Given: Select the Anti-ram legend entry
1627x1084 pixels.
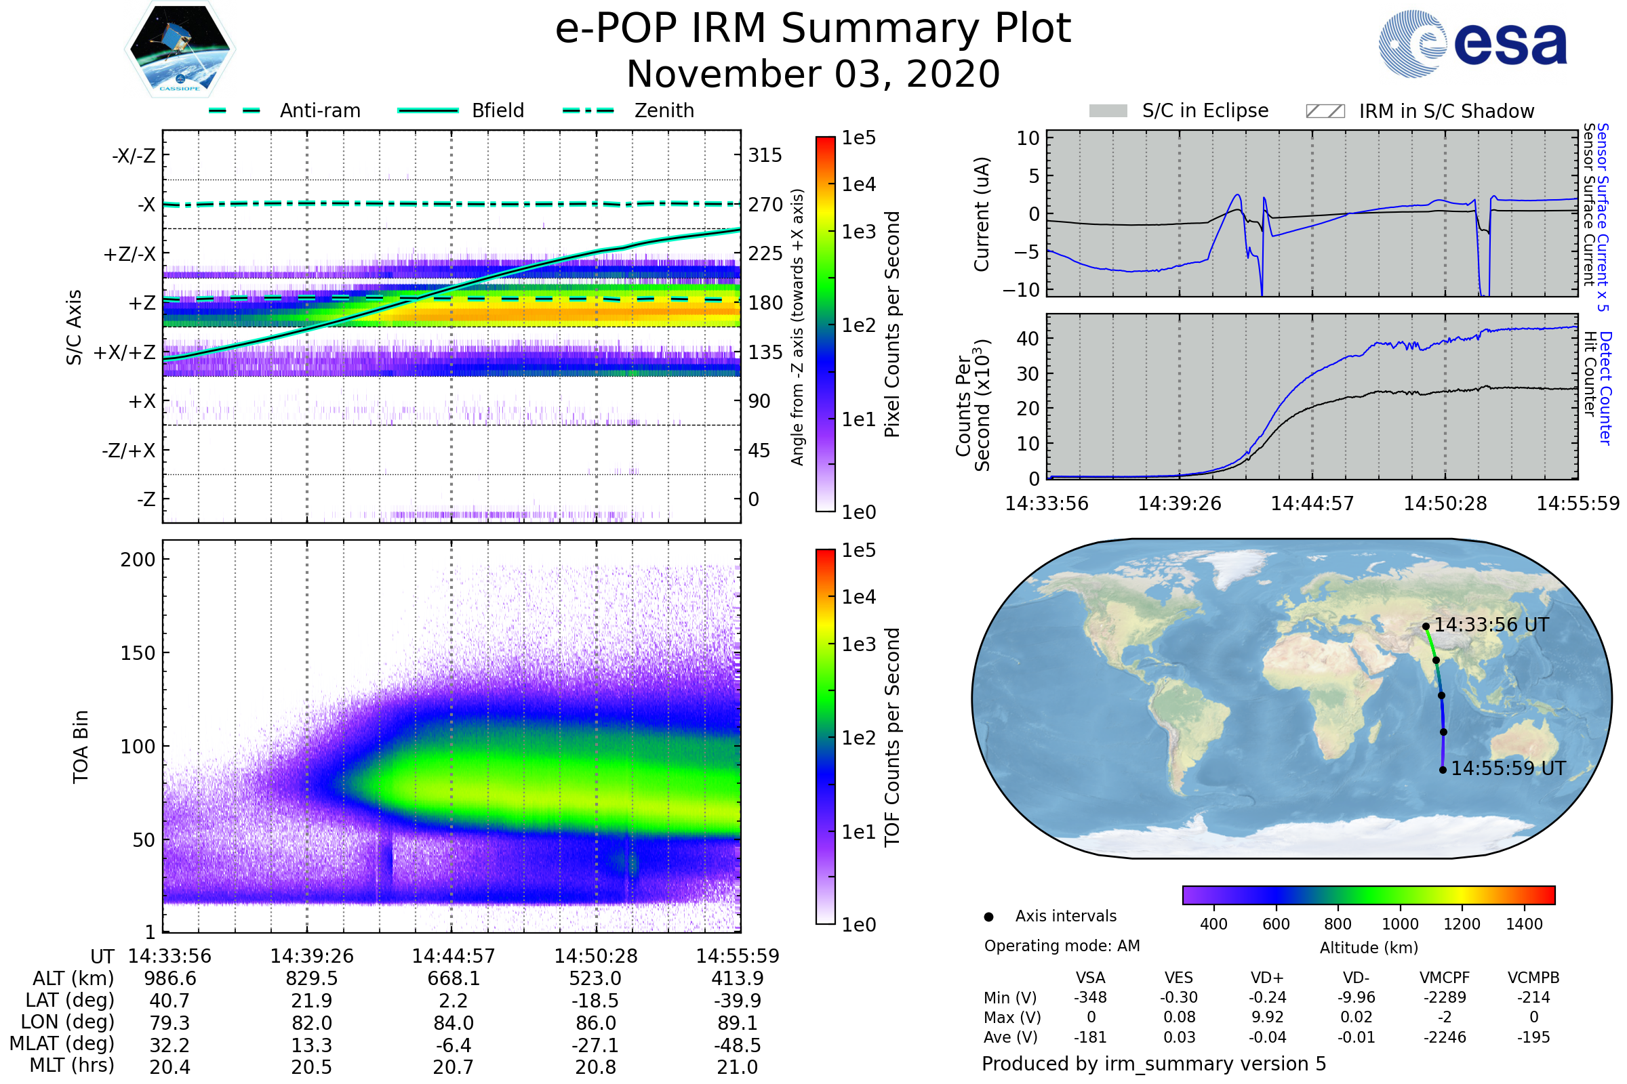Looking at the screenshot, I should pyautogui.click(x=319, y=110).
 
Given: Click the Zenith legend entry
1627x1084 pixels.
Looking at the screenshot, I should pyautogui.click(x=664, y=110).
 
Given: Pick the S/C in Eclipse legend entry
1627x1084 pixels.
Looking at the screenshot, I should pyautogui.click(x=1205, y=111).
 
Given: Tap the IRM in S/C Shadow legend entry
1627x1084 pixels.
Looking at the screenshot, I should pyautogui.click(x=1446, y=111).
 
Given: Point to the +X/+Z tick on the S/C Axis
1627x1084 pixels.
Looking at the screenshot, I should pyautogui.click(x=125, y=352).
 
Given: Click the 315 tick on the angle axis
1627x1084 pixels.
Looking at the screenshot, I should pyautogui.click(x=765, y=155).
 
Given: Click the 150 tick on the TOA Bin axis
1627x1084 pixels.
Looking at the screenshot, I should pyautogui.click(x=138, y=653).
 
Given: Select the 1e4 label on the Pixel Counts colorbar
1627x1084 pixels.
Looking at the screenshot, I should pyautogui.click(x=858, y=184).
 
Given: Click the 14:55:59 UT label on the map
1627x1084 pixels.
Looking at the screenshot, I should pyautogui.click(x=1508, y=769).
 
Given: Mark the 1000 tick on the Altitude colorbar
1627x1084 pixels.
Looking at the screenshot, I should pyautogui.click(x=1399, y=924).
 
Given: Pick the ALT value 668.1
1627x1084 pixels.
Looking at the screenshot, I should pyautogui.click(x=453, y=979).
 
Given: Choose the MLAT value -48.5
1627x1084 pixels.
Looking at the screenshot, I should pyautogui.click(x=737, y=1045).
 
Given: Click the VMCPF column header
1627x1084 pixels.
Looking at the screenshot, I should pyautogui.click(x=1445, y=978).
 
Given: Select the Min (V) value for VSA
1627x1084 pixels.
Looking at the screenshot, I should pyautogui.click(x=1090, y=997).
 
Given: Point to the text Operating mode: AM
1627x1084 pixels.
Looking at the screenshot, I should pyautogui.click(x=1061, y=946).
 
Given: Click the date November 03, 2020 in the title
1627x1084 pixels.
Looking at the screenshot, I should pyautogui.click(x=813, y=74).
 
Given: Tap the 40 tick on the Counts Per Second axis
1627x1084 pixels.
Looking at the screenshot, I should pyautogui.click(x=1028, y=339).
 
